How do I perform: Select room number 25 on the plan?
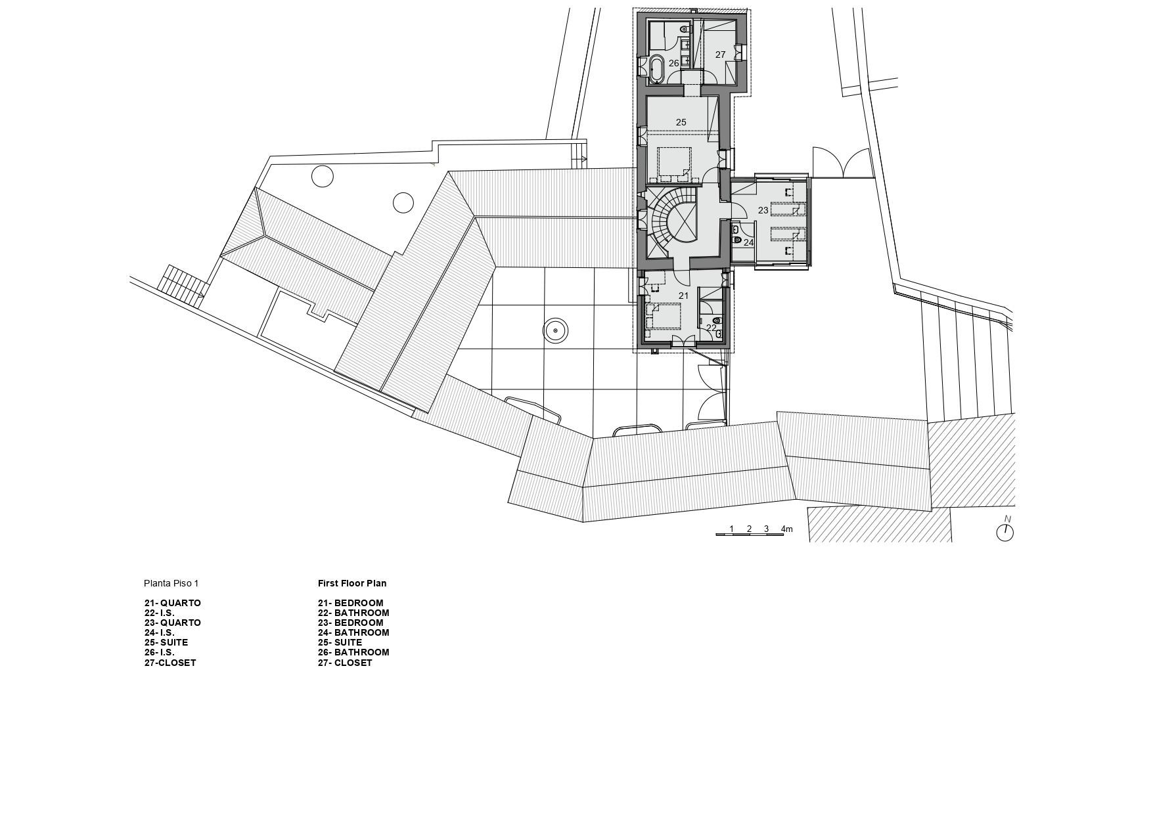tap(681, 122)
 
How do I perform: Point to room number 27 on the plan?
tap(720, 55)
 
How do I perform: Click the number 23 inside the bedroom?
tap(763, 210)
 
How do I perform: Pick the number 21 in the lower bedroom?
tap(683, 296)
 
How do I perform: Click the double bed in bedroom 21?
tap(664, 315)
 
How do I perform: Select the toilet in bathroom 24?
tap(738, 241)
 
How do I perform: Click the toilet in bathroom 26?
tap(685, 29)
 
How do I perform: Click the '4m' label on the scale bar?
tap(787, 529)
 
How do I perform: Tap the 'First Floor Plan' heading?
tap(352, 583)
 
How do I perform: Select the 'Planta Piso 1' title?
tap(171, 583)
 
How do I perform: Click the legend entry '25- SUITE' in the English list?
tap(340, 642)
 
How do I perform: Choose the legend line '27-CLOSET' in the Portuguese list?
tap(170, 663)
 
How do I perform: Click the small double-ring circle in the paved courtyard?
tap(556, 331)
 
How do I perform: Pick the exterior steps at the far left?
tap(179, 282)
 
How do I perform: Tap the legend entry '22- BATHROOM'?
tap(353, 613)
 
